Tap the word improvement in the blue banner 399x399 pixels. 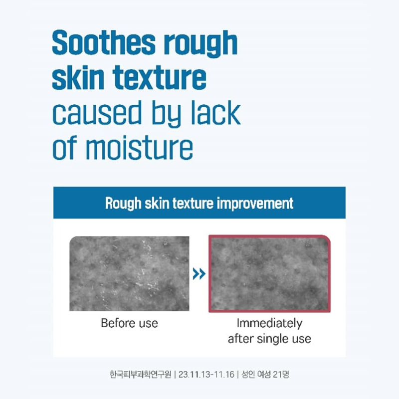click(x=255, y=203)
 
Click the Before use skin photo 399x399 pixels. click(x=129, y=273)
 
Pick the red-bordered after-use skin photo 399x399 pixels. click(x=269, y=273)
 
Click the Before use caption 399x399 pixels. click(x=129, y=323)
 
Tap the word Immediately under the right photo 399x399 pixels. click(x=269, y=323)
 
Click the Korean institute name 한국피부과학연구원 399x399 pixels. click(x=140, y=374)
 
